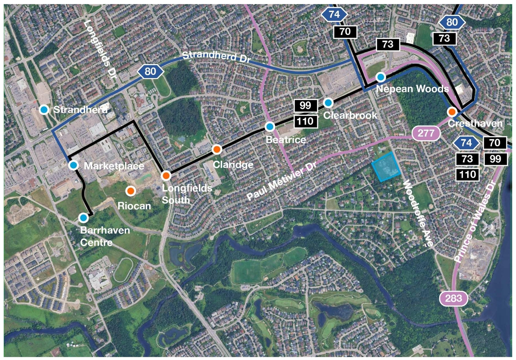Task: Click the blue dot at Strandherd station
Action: click(44, 109)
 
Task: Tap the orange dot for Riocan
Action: click(130, 191)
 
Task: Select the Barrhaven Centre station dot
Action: click(83, 218)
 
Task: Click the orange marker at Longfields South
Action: click(166, 175)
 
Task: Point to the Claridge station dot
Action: click(216, 149)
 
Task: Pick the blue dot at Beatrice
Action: click(270, 127)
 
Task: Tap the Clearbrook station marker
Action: click(328, 103)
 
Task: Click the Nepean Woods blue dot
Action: click(381, 77)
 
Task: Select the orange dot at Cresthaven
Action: click(451, 112)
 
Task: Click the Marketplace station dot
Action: click(73, 164)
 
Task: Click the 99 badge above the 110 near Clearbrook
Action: click(306, 106)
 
